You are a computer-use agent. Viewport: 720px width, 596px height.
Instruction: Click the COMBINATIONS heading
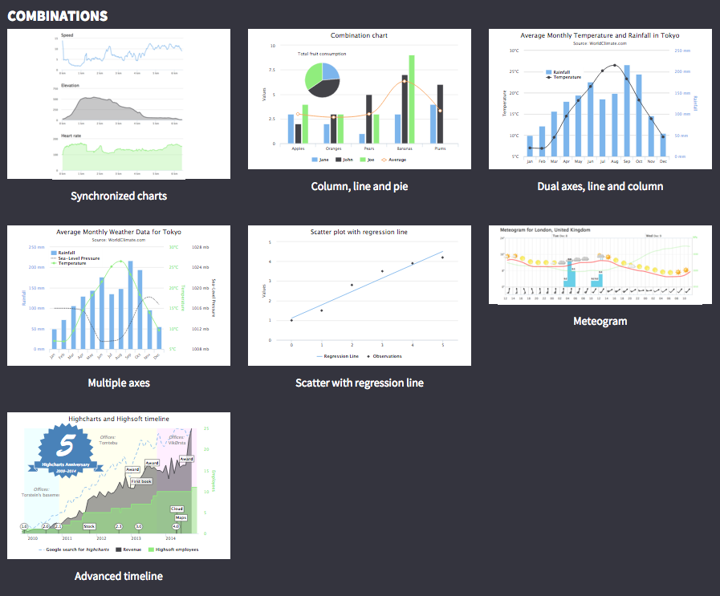(x=57, y=15)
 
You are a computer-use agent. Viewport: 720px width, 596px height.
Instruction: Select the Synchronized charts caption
(x=119, y=196)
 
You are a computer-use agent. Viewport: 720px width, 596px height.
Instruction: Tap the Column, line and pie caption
(x=359, y=186)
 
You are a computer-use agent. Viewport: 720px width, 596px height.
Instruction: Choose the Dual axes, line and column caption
(x=600, y=186)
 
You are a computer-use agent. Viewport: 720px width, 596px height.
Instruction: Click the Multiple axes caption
(x=119, y=383)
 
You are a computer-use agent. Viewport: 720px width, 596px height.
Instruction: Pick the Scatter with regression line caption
(x=359, y=383)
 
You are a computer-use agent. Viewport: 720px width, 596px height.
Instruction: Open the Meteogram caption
(x=600, y=321)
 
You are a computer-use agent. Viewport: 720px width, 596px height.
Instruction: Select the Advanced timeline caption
(x=119, y=576)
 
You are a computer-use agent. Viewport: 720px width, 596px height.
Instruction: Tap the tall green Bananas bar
(x=412, y=99)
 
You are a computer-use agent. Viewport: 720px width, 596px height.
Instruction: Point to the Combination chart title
(x=359, y=35)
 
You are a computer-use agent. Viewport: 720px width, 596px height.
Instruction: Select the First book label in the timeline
(x=141, y=481)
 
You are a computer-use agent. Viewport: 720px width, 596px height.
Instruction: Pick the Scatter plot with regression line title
(x=359, y=232)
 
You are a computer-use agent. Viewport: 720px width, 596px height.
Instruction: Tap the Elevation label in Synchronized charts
(x=71, y=85)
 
